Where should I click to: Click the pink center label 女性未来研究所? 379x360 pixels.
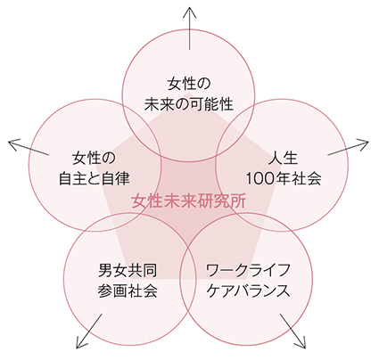[189, 201]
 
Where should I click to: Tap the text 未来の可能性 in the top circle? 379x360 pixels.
[189, 104]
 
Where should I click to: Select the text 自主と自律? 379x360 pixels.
[95, 178]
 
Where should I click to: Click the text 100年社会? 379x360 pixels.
[284, 178]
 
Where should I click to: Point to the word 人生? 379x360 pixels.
[283, 158]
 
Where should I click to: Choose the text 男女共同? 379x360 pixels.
[128, 270]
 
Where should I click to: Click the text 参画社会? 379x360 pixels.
[128, 290]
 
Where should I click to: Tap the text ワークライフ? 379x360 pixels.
[248, 270]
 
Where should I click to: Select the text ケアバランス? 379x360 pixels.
[248, 290]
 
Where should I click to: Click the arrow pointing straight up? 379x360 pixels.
[189, 29]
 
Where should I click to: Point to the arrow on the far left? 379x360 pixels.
[29, 147]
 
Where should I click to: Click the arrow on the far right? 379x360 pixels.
[348, 147]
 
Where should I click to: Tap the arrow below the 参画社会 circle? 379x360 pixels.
[89, 331]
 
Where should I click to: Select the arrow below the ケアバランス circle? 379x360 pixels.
[292, 331]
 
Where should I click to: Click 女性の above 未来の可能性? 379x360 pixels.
[189, 84]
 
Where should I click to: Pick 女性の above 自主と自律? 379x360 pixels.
[94, 158]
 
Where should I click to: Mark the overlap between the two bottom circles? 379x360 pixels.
[187, 279]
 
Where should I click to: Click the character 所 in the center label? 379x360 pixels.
[238, 201]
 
